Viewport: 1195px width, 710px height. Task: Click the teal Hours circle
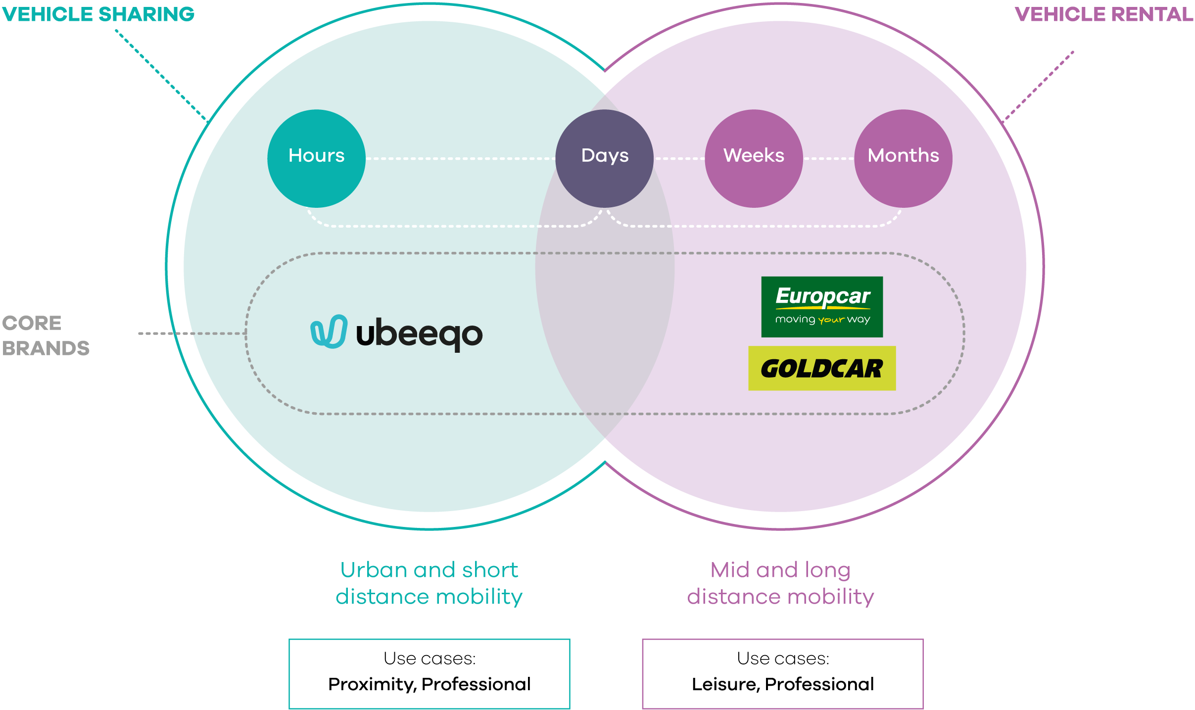(316, 158)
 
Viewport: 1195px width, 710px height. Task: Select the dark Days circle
(604, 158)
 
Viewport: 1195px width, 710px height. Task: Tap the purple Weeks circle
(754, 158)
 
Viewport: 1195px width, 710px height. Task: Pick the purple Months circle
(903, 158)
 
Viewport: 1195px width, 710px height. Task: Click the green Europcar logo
(822, 307)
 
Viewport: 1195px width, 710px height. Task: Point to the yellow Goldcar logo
(822, 368)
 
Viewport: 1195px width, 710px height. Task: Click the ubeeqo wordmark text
(419, 334)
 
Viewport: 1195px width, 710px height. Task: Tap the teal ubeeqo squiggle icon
(329, 331)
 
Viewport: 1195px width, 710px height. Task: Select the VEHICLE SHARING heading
(98, 14)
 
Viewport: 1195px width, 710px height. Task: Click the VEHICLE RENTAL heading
(1104, 14)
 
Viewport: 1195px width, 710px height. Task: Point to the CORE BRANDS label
(46, 335)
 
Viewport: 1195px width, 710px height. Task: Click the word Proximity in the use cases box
(372, 684)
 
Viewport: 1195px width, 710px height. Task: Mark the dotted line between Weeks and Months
(829, 158)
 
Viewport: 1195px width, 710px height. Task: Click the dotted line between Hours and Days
(461, 158)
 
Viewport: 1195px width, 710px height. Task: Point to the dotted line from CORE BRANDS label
(192, 333)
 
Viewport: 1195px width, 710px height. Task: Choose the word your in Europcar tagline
(831, 320)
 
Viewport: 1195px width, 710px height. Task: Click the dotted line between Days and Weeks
(679, 158)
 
